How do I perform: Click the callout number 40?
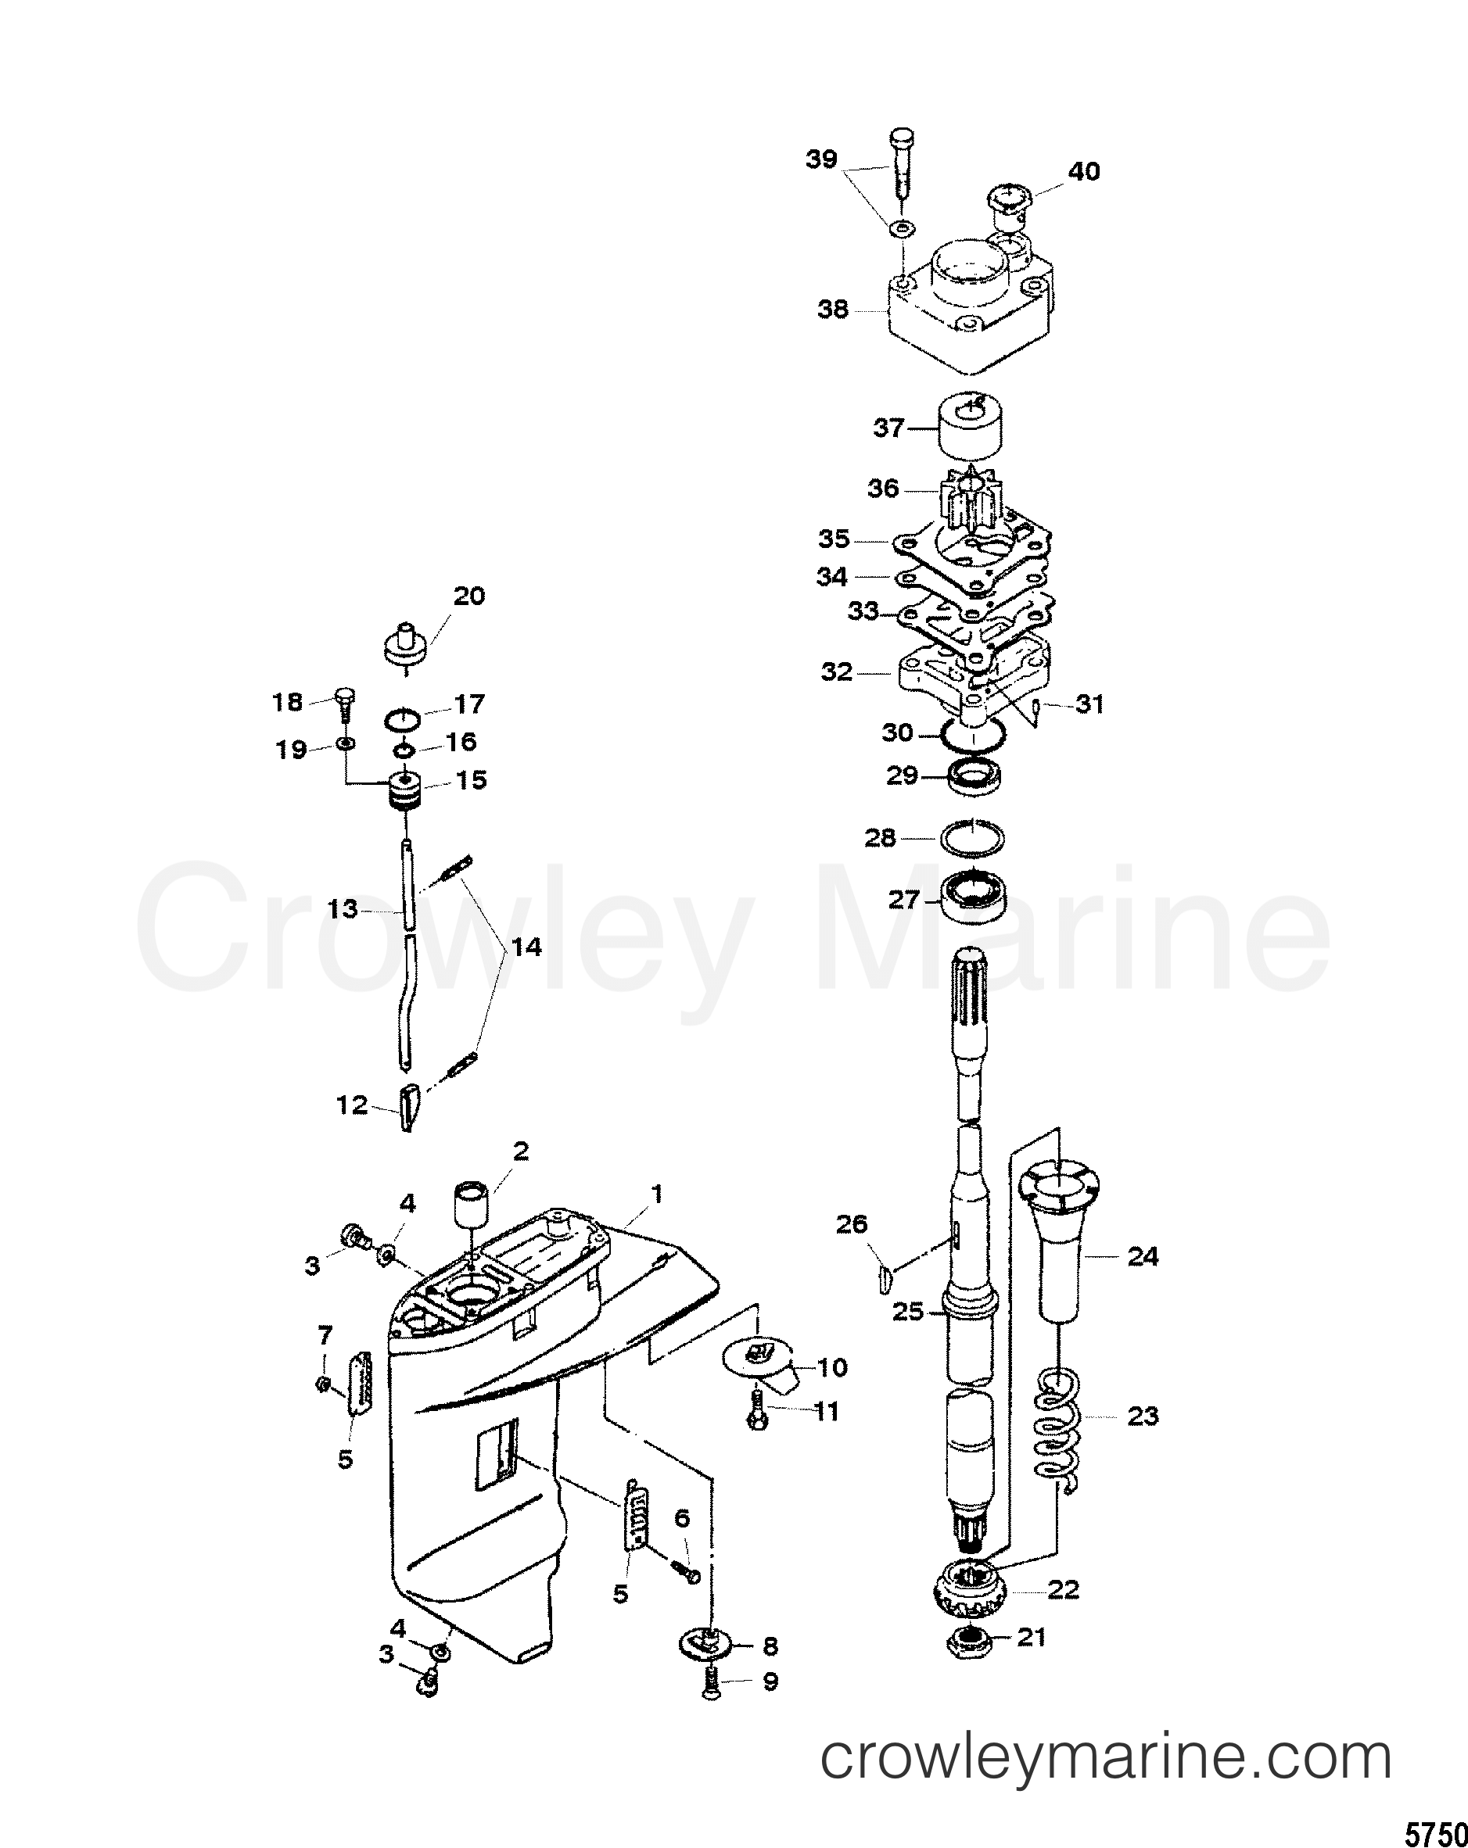[x=1084, y=172]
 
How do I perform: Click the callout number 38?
[x=833, y=310]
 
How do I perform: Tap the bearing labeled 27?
[x=973, y=899]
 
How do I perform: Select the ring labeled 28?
[x=973, y=837]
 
